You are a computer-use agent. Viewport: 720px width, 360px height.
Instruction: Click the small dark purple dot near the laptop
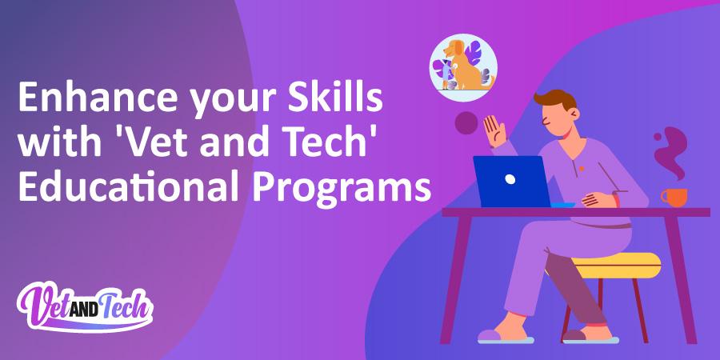(x=466, y=123)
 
